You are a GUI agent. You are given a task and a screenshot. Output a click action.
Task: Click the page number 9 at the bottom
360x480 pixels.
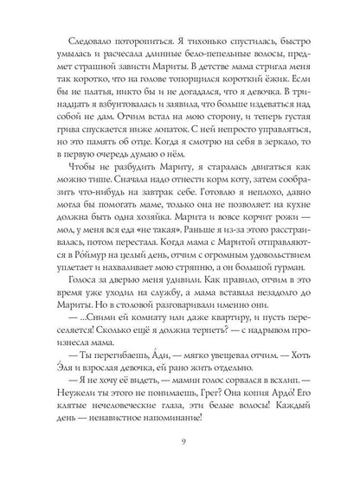180,446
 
